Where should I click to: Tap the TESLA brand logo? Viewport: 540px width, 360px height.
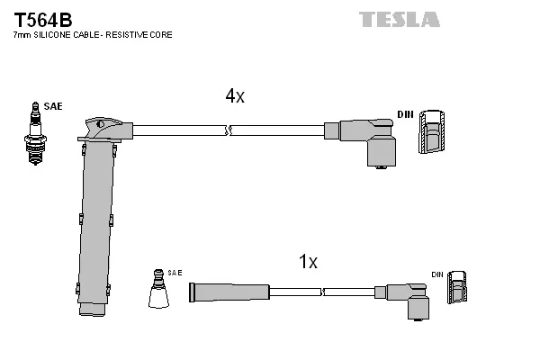(x=400, y=19)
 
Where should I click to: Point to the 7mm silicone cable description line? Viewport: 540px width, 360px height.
(x=93, y=35)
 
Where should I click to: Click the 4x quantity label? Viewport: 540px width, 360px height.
(x=234, y=96)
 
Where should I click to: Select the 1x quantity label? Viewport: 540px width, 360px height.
(x=308, y=262)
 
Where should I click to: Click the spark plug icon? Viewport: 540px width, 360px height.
(x=36, y=135)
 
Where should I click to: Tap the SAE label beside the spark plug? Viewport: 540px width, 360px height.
(x=53, y=107)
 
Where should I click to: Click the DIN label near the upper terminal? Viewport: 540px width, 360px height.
(x=405, y=114)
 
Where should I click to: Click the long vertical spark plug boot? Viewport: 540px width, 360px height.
(x=96, y=225)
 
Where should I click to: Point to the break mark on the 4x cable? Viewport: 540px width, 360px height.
(x=229, y=131)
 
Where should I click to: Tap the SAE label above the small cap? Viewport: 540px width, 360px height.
(x=175, y=272)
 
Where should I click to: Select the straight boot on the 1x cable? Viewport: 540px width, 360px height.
(x=229, y=292)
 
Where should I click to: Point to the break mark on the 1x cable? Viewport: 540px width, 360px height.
(x=322, y=292)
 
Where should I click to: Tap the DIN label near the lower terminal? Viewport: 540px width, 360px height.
(x=436, y=274)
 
